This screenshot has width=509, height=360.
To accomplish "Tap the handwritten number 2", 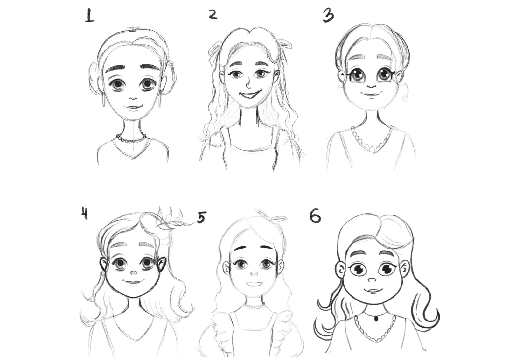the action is point(213,15).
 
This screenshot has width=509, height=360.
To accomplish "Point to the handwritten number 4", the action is point(85,214).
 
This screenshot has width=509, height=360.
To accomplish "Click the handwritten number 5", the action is point(201,218).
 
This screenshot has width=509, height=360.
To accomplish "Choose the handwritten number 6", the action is point(315,216).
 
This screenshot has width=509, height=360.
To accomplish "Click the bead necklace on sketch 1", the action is point(131,139).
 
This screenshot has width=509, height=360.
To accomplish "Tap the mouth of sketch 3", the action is point(371,94).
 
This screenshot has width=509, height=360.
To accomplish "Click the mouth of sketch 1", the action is point(134,107).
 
